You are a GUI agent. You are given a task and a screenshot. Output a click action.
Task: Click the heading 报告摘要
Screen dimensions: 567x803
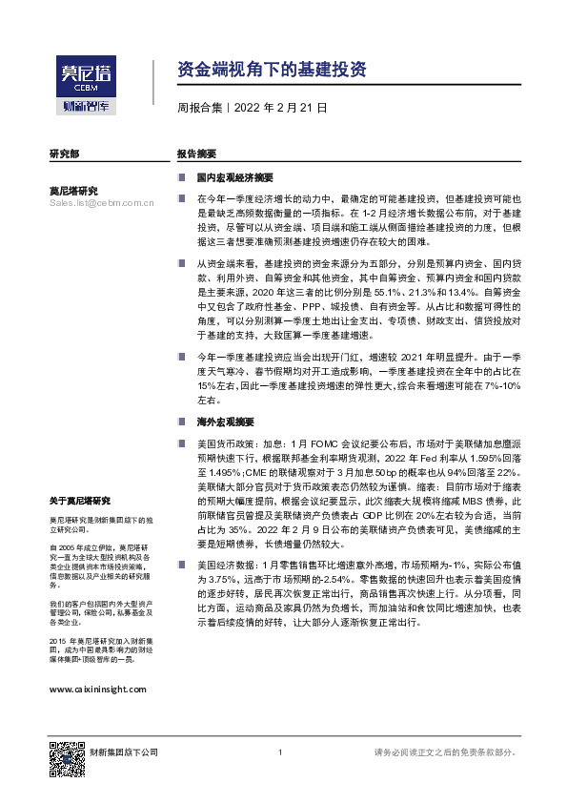tap(196, 154)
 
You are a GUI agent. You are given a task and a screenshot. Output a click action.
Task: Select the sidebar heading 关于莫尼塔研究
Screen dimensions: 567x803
tap(80, 501)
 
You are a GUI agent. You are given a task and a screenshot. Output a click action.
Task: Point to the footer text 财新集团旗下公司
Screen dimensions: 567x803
tap(124, 753)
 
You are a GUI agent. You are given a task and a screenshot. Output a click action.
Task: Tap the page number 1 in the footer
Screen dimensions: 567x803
tap(280, 753)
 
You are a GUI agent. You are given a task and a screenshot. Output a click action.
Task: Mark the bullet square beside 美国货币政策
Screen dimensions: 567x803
tap(182, 443)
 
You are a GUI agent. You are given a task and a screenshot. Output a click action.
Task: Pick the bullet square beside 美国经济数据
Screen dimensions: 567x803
tap(182, 566)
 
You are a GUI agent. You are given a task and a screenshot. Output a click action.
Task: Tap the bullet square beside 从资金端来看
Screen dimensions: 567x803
tap(182, 261)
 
